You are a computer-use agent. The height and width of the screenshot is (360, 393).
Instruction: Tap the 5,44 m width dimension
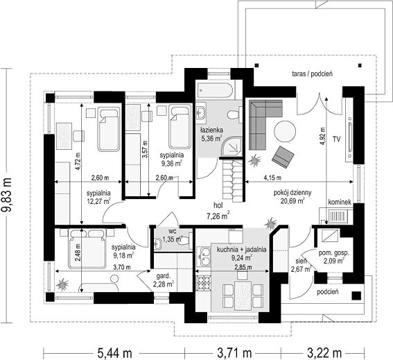114,353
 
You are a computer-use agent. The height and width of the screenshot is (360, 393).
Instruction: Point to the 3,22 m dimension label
324,353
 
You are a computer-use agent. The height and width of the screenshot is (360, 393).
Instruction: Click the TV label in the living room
337,139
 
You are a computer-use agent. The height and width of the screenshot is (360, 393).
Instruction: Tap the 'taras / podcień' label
313,74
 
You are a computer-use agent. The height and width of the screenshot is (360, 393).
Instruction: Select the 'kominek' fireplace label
340,202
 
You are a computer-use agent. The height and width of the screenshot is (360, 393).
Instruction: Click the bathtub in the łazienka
216,89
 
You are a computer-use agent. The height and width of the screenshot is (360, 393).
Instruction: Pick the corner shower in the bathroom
232,146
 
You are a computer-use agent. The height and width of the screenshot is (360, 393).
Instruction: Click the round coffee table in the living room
285,131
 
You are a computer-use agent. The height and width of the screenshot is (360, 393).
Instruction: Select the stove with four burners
204,283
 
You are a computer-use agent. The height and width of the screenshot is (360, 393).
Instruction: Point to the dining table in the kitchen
243,295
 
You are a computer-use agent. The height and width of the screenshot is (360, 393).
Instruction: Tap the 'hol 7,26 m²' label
218,211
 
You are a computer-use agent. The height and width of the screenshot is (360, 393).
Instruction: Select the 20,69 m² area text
292,201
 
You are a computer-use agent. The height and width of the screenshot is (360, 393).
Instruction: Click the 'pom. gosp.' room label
333,253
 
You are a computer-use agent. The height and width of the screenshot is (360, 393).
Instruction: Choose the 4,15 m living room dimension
272,178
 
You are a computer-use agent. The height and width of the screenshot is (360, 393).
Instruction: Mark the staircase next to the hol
233,181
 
